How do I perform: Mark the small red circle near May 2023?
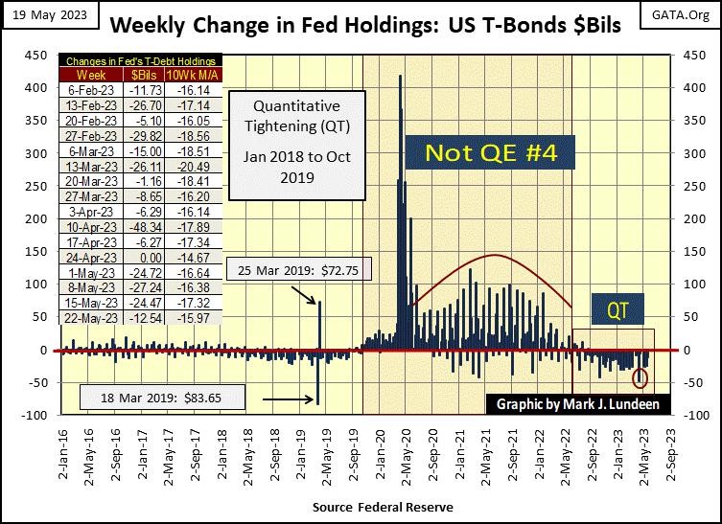[x=640, y=378]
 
